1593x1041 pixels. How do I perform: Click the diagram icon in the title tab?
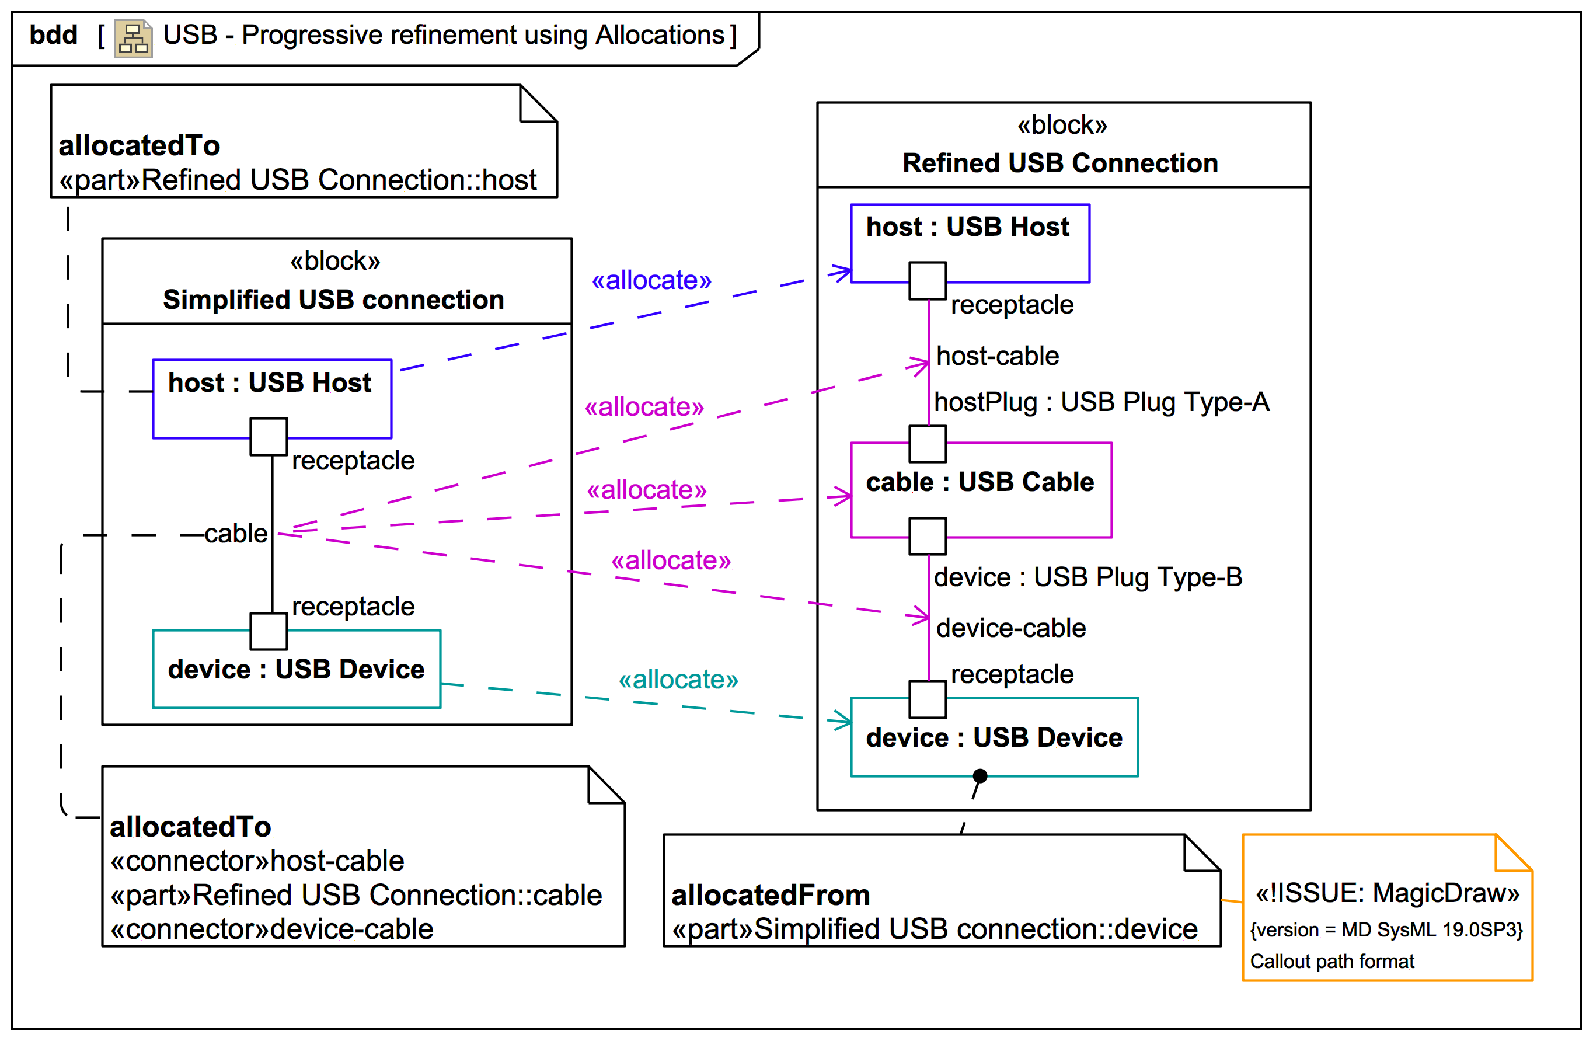click(x=133, y=38)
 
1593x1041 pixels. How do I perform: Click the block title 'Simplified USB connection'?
click(x=333, y=300)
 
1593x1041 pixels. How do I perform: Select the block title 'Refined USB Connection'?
click(x=1059, y=163)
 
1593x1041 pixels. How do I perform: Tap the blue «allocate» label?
click(x=651, y=280)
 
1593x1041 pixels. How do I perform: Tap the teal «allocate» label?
click(x=678, y=680)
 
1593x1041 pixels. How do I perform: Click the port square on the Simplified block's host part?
click(x=269, y=437)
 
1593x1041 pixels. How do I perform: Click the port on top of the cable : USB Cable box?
click(x=927, y=444)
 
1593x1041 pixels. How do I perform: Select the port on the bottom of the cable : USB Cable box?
click(x=927, y=535)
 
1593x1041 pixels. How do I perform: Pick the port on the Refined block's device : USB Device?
click(x=927, y=699)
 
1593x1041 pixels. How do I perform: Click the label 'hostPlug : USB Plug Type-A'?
click(x=1101, y=402)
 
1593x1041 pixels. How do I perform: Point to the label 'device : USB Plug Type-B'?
click(x=1087, y=577)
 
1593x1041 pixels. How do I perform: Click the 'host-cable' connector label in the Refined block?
click(x=997, y=356)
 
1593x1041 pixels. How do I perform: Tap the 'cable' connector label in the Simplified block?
click(x=236, y=534)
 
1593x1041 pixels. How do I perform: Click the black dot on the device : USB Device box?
click(x=980, y=775)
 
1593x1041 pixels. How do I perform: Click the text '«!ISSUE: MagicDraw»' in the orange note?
click(x=1387, y=893)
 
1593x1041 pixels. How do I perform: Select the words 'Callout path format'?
click(x=1332, y=962)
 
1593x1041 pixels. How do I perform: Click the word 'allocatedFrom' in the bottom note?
click(x=771, y=895)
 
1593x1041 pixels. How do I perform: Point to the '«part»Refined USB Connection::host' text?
click(x=298, y=180)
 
